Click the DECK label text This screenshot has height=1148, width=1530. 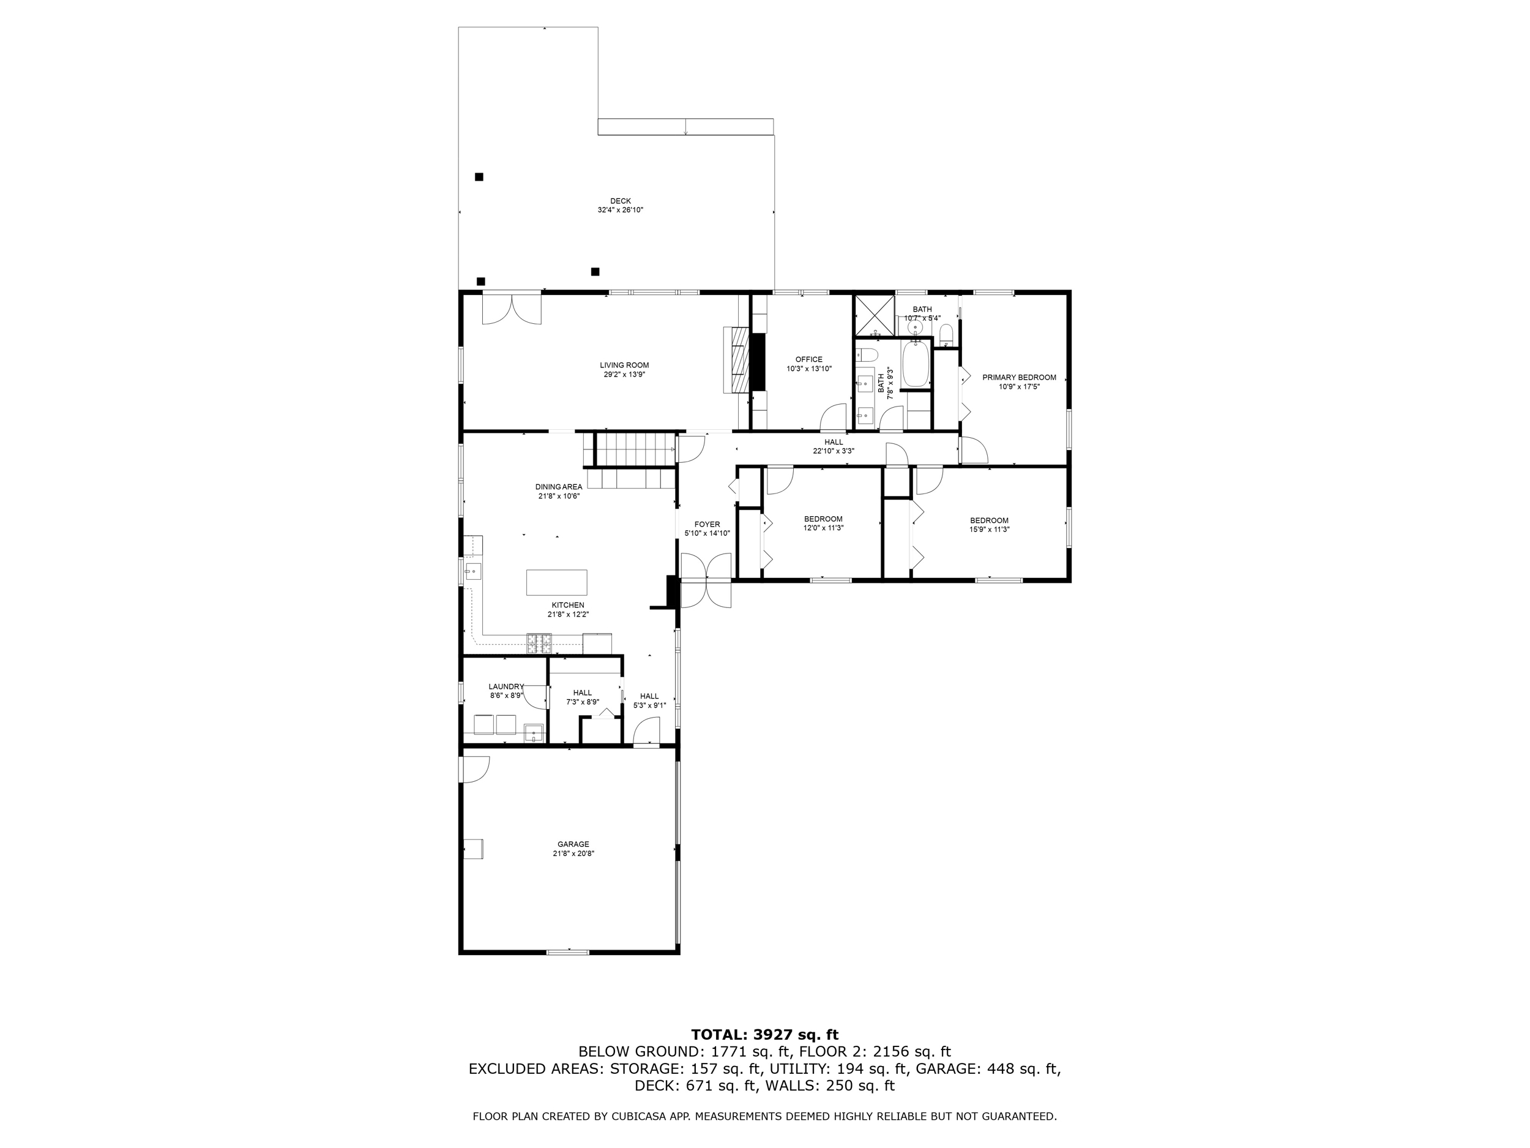(x=620, y=201)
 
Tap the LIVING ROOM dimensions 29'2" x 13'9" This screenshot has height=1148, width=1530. (x=624, y=374)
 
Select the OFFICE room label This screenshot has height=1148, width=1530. (x=808, y=359)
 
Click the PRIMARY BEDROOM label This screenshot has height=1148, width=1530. (x=1019, y=377)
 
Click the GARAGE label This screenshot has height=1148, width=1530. (x=573, y=844)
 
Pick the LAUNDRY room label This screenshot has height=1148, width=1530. (x=506, y=686)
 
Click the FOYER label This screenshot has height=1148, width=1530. (x=707, y=524)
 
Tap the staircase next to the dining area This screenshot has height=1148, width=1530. (x=633, y=450)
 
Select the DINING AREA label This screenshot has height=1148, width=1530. (x=558, y=487)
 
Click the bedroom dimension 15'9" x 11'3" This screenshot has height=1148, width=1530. (x=989, y=530)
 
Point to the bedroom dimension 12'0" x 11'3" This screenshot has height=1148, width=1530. (x=823, y=528)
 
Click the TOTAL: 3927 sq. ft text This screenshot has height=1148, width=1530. (x=764, y=1035)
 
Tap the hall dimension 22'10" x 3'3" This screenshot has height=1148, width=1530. (x=834, y=451)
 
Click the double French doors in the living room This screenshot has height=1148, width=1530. (x=511, y=309)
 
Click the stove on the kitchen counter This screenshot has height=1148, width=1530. (x=540, y=643)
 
